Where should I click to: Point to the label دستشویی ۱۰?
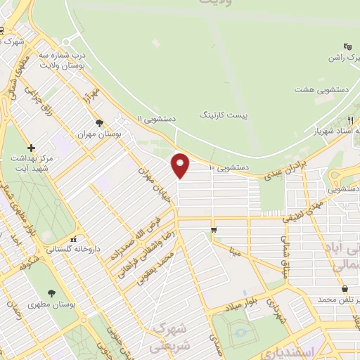coord(230,167)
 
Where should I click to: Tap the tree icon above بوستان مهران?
coord(99,123)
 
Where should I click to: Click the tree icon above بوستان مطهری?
coord(51,294)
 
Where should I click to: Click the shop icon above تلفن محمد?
coord(344,289)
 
